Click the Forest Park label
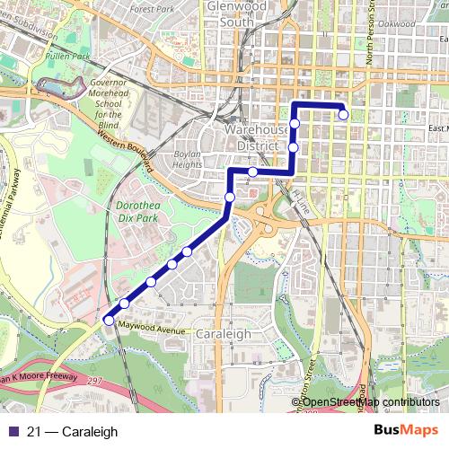[150, 10]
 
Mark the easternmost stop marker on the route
[343, 114]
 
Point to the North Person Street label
[369, 36]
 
